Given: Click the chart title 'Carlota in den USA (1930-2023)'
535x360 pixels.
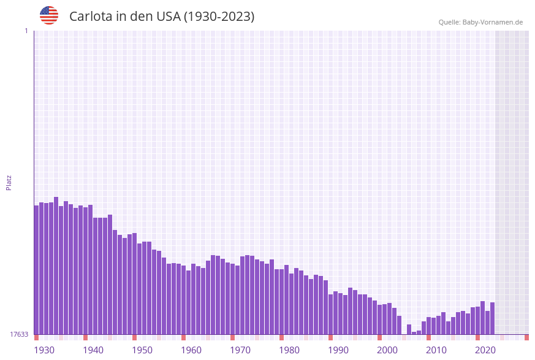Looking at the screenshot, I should click(x=162, y=17).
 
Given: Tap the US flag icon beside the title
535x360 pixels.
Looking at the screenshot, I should click(x=49, y=15).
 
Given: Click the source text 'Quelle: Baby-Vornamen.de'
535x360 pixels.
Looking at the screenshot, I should click(x=480, y=22).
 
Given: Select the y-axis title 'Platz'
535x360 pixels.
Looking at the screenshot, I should click(x=9, y=182).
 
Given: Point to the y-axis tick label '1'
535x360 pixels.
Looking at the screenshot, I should click(x=26, y=31).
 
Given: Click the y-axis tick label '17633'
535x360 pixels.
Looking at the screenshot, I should click(x=19, y=334).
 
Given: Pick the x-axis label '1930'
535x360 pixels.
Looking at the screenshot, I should click(x=44, y=350).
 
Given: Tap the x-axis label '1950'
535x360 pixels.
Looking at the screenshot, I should click(x=142, y=350).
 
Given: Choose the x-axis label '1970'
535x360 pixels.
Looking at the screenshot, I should click(x=240, y=350).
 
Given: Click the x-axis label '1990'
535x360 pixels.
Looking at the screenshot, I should click(x=338, y=350).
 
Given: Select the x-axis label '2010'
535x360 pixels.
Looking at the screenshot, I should click(x=436, y=350).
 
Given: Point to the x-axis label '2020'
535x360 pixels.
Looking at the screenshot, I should click(x=485, y=350).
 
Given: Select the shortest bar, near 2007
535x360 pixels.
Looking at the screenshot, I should click(x=414, y=333).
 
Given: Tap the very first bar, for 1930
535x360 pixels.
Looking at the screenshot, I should click(x=37, y=270).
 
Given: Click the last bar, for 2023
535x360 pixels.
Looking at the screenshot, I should click(x=493, y=318).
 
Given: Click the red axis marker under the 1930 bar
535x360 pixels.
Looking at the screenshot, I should click(x=37, y=337).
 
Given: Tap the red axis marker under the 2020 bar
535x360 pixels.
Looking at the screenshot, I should click(x=478, y=337).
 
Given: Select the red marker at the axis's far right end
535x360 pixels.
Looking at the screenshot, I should click(x=526, y=337).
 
